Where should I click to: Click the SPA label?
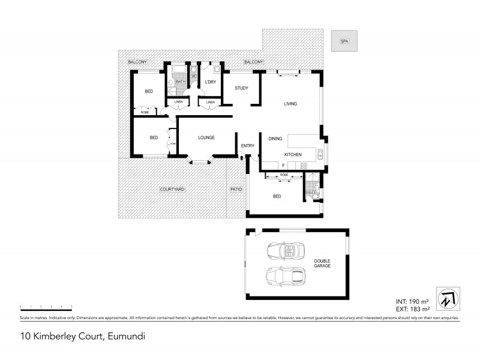344,42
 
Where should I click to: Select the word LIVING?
290,104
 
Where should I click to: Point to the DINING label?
275,139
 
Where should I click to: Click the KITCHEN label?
293,155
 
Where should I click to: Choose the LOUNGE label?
206,137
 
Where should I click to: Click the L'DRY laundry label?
210,82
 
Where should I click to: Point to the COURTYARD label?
172,190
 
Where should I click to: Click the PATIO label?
236,190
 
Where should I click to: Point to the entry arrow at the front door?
241,158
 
